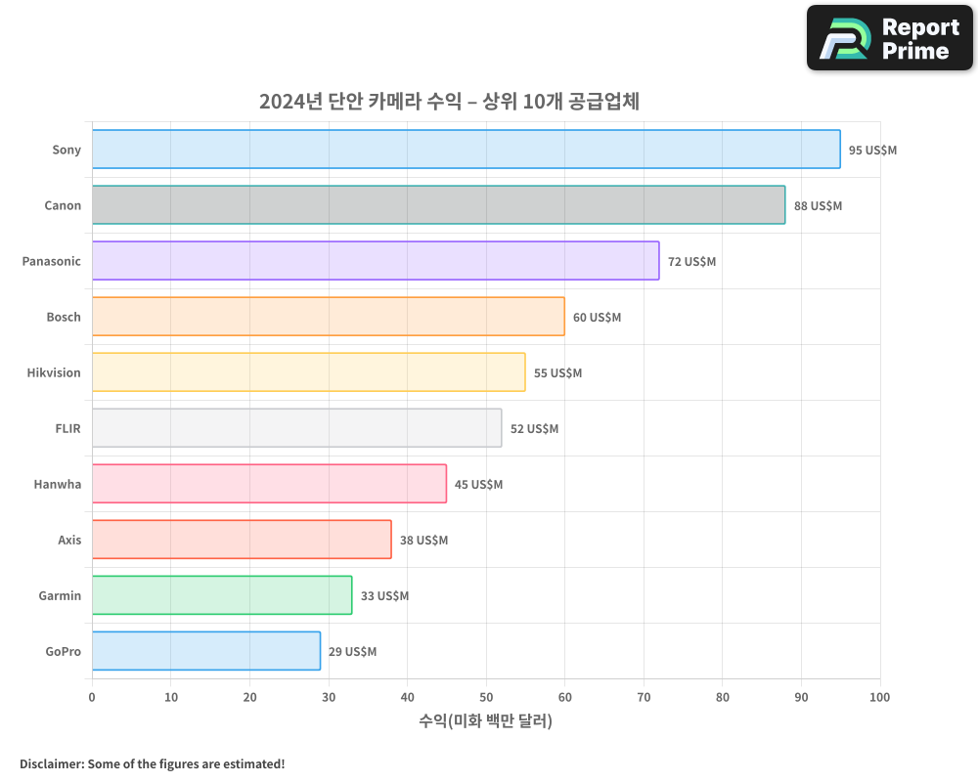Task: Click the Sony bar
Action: (466, 150)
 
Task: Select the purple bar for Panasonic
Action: (376, 261)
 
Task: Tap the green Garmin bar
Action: (222, 595)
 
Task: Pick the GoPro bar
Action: (206, 651)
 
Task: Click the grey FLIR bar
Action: (296, 428)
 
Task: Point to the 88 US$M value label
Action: (818, 206)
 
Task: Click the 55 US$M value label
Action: (557, 373)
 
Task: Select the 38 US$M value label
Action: (423, 541)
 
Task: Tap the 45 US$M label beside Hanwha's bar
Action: (478, 485)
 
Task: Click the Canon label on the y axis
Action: (63, 205)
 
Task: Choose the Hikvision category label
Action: (54, 372)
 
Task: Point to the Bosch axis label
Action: (64, 317)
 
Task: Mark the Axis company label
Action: (69, 540)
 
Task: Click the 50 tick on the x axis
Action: (486, 697)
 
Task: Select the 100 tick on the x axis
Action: (879, 697)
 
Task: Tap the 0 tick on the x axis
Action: (92, 697)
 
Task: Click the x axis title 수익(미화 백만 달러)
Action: (485, 721)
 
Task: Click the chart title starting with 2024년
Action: (449, 102)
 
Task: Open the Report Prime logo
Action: (889, 38)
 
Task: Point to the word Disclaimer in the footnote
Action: (50, 764)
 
